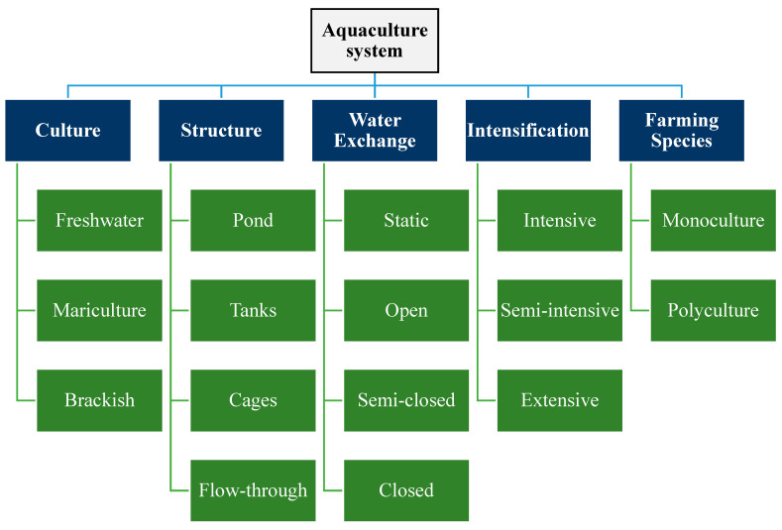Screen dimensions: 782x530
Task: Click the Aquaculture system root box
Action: tap(375, 41)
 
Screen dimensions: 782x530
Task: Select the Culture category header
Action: tap(67, 131)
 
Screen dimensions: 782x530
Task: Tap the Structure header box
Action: tap(221, 131)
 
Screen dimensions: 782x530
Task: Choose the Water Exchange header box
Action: tap(375, 131)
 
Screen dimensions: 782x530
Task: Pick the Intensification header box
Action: tap(528, 131)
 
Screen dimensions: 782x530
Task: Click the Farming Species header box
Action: tap(682, 131)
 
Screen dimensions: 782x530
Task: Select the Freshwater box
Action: tap(100, 220)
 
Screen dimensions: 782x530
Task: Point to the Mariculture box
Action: tap(100, 310)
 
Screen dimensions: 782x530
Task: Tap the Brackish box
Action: tap(100, 400)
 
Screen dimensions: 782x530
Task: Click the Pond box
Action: tap(253, 220)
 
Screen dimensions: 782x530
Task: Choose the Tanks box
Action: tap(253, 310)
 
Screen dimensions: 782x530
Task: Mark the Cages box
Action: tap(253, 400)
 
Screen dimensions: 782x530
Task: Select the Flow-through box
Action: tap(253, 490)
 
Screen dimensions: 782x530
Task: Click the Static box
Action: tap(406, 220)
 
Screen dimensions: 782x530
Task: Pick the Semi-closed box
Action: tap(406, 400)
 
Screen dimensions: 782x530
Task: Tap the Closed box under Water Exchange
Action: tap(406, 490)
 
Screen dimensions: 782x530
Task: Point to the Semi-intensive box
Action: tap(560, 310)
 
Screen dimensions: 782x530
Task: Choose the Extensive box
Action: tap(560, 400)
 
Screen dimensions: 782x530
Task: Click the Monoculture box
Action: tap(714, 220)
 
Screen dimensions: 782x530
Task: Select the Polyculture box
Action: tap(714, 310)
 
